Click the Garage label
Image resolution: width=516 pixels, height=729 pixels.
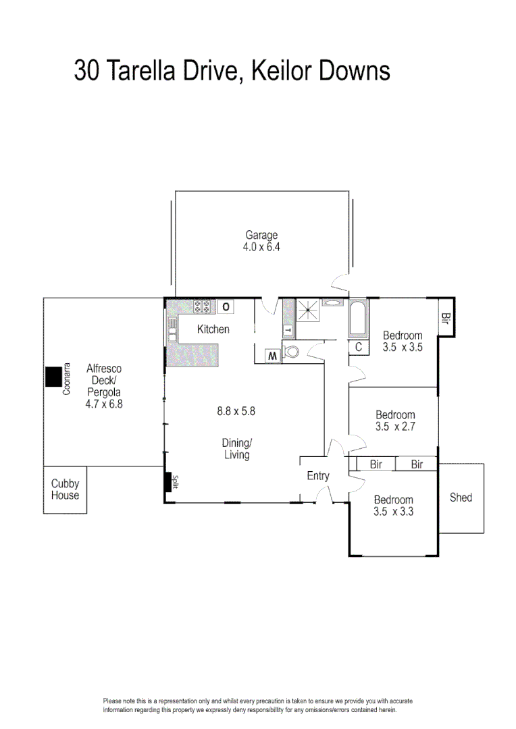coord(261,235)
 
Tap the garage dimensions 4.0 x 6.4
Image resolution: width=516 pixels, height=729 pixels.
coord(261,247)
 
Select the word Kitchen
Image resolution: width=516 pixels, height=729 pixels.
coord(213,329)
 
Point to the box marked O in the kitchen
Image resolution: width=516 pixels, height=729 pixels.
coord(226,307)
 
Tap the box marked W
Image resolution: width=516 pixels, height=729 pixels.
coord(272,354)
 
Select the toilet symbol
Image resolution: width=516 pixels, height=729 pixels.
coord(291,352)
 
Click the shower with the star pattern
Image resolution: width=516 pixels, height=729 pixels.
coord(308,311)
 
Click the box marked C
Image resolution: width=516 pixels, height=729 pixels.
coord(359,347)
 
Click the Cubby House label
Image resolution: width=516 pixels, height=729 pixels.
coord(65,489)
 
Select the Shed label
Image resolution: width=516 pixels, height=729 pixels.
coord(461,498)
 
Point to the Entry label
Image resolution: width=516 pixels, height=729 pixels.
coord(318,476)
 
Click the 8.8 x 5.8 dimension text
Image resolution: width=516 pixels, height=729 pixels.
coord(236,410)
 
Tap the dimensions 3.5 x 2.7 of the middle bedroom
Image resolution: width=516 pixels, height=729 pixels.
coord(395,427)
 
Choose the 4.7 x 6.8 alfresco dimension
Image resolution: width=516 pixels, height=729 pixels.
coord(103,404)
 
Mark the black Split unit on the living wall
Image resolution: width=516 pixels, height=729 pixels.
coord(167,482)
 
